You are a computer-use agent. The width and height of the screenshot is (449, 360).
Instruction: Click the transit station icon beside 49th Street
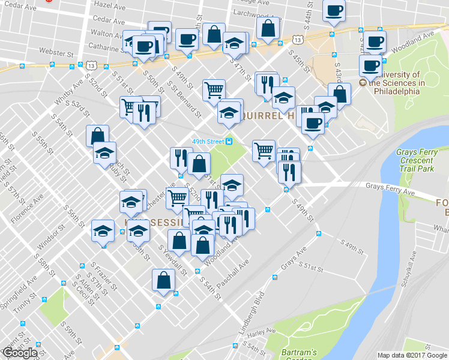click(229, 142)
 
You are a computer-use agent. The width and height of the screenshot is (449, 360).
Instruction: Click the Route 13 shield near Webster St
click(91, 65)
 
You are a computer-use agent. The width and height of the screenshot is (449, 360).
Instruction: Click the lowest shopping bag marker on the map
click(163, 281)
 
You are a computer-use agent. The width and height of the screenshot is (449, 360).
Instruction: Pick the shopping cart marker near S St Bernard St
click(214, 91)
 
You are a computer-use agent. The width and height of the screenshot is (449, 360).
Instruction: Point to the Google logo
click(20, 353)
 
